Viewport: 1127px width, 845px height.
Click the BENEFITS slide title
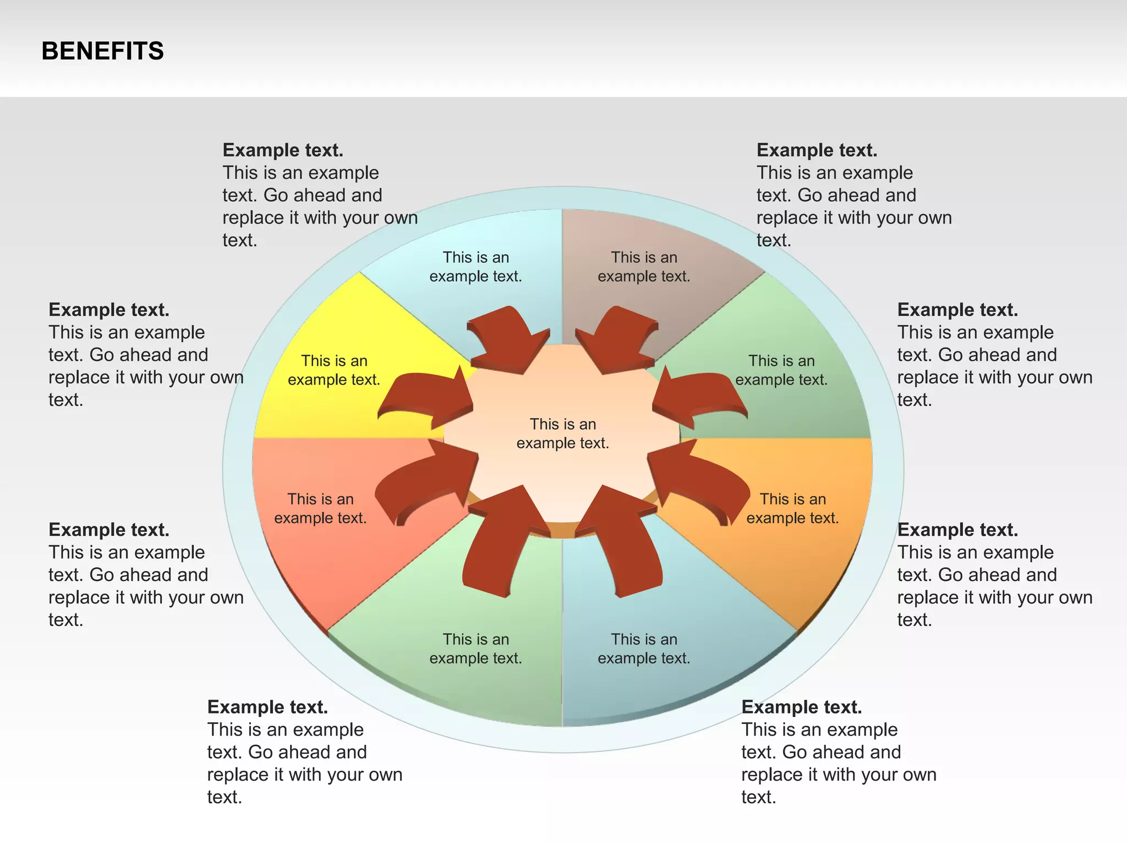click(x=102, y=51)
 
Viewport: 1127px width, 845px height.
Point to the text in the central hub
click(x=562, y=434)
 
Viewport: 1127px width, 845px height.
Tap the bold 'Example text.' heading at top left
click(x=283, y=150)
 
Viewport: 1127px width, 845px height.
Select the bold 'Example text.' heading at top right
click(x=817, y=150)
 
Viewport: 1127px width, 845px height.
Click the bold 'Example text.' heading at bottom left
click(x=267, y=707)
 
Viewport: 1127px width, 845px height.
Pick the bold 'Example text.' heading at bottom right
click(x=801, y=707)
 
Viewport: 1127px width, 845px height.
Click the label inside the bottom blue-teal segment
click(x=644, y=649)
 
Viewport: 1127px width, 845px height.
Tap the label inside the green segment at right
click(x=781, y=370)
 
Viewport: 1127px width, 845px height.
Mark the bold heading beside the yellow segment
click(x=109, y=310)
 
